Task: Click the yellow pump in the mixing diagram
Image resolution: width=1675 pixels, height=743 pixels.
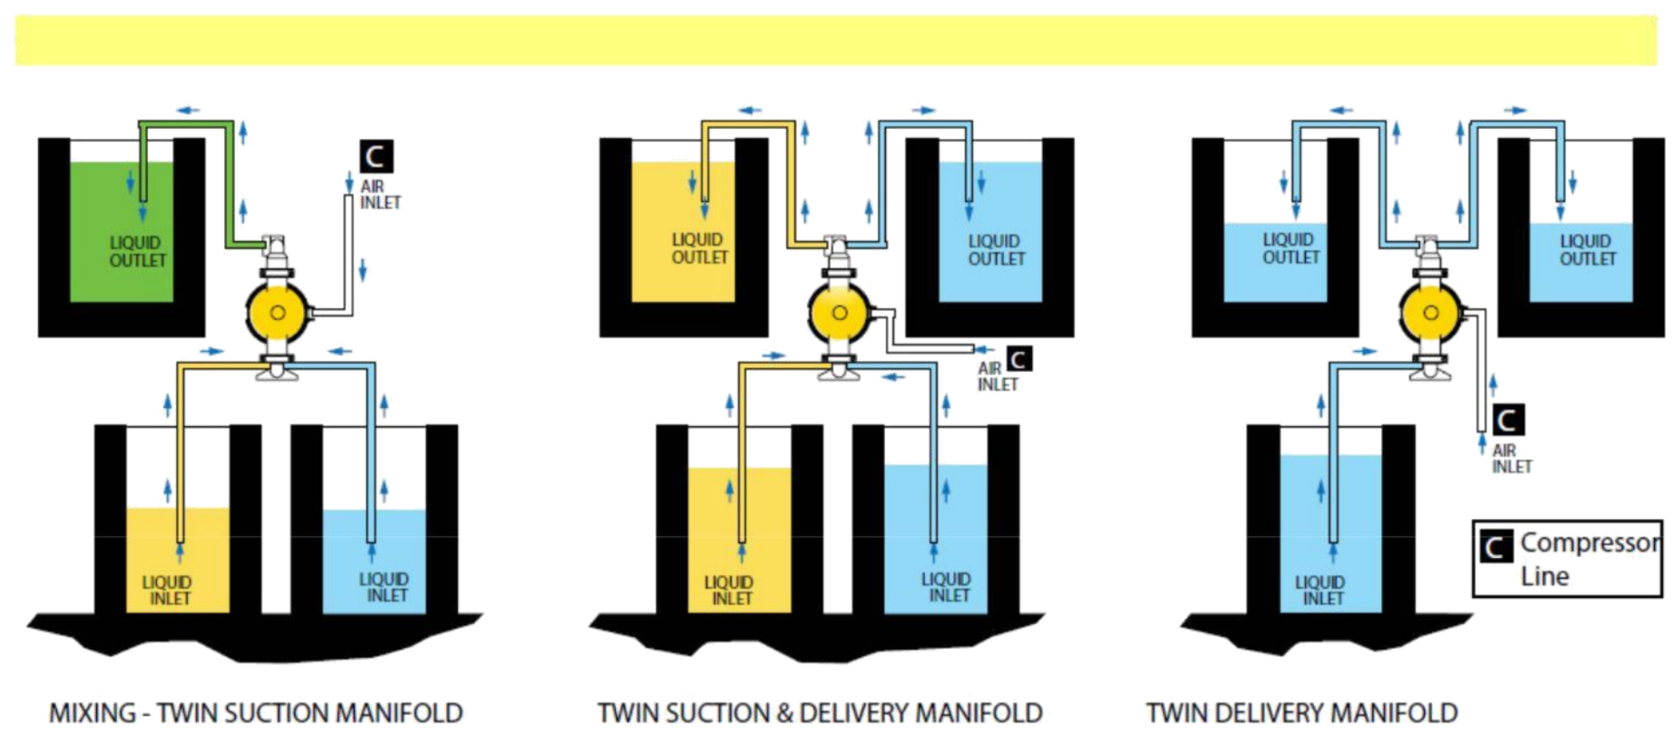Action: pyautogui.click(x=278, y=312)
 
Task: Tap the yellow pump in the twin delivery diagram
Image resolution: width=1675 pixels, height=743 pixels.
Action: pyautogui.click(x=1430, y=312)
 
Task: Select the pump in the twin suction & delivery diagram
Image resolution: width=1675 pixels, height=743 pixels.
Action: pyautogui.click(x=839, y=312)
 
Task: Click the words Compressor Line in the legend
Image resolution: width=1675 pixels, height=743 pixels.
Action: pyautogui.click(x=1589, y=559)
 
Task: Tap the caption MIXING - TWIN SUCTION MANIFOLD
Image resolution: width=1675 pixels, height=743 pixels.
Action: pyautogui.click(x=256, y=714)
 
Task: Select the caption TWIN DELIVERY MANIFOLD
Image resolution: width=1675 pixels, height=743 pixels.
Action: pyautogui.click(x=1301, y=714)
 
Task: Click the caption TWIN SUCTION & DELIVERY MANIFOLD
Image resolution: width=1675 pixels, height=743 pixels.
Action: pyautogui.click(x=820, y=714)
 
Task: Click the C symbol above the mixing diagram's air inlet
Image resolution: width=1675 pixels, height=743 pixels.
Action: pyautogui.click(x=375, y=156)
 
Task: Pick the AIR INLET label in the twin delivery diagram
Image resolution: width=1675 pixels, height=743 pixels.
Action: pyautogui.click(x=1512, y=459)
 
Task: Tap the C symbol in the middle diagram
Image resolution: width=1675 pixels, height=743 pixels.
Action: pyautogui.click(x=1019, y=359)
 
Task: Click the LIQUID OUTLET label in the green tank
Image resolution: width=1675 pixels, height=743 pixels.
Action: pyautogui.click(x=138, y=251)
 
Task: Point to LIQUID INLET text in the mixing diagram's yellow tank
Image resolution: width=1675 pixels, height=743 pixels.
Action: pyautogui.click(x=169, y=590)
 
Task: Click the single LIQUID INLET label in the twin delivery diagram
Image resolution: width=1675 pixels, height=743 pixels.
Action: pyautogui.click(x=1322, y=590)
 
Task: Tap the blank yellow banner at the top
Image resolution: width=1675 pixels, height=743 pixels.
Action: pyautogui.click(x=836, y=40)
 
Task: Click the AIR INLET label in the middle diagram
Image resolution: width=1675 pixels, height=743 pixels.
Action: pyautogui.click(x=997, y=376)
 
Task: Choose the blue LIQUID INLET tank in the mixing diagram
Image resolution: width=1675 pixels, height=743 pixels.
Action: pyautogui.click(x=374, y=562)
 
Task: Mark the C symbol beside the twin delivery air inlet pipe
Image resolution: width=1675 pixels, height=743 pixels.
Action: pyautogui.click(x=1507, y=420)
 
